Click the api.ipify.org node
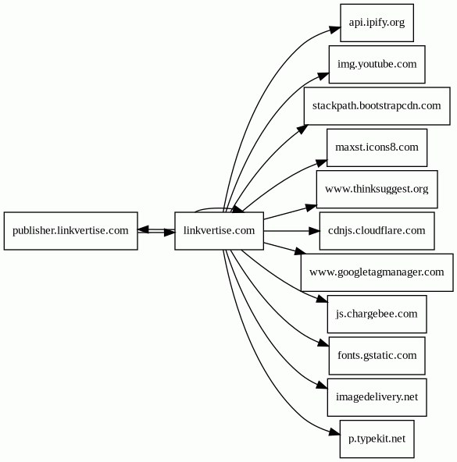click(377, 23)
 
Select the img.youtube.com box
click(377, 64)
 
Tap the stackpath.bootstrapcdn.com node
click(377, 106)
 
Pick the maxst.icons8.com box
click(377, 147)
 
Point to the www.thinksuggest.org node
click(377, 189)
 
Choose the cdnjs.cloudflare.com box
click(377, 231)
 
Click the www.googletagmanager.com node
click(377, 272)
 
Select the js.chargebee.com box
click(377, 314)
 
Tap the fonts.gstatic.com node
click(377, 356)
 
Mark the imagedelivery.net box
click(377, 397)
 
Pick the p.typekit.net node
click(377, 439)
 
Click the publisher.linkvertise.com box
click(71, 231)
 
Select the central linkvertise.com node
click(219, 231)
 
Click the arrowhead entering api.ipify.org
click(335, 30)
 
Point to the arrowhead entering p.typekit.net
click(334, 432)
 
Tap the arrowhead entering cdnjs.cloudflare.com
click(314, 231)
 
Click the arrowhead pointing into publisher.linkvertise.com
click(144, 229)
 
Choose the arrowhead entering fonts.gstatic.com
click(323, 343)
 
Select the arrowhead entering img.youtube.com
click(323, 76)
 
